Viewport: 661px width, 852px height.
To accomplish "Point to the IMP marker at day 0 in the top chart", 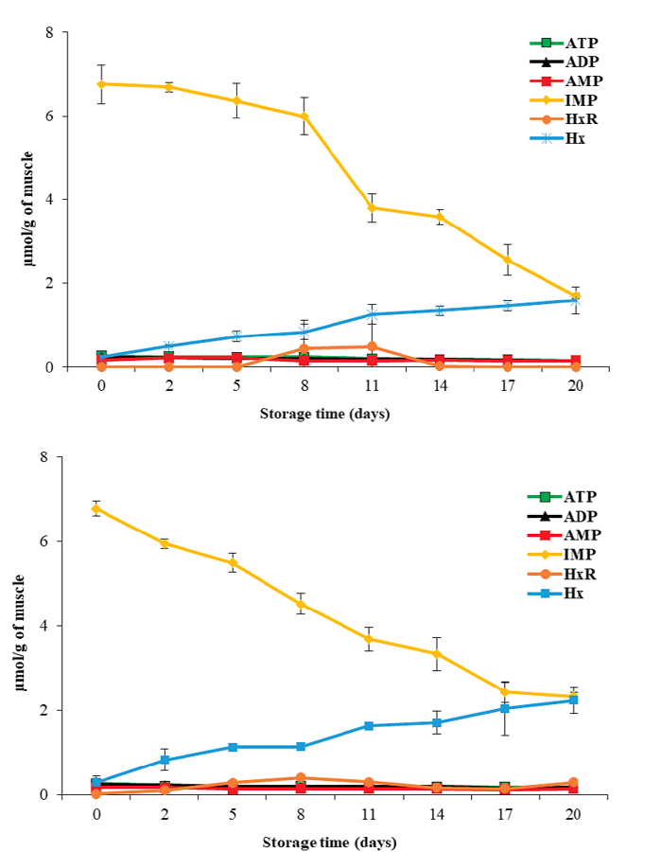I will [101, 83].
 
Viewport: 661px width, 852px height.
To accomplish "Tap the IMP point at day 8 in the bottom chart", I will [302, 604].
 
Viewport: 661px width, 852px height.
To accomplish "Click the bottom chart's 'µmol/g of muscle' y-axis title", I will [18, 625].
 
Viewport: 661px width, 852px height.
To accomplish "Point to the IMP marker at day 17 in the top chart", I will [508, 259].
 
